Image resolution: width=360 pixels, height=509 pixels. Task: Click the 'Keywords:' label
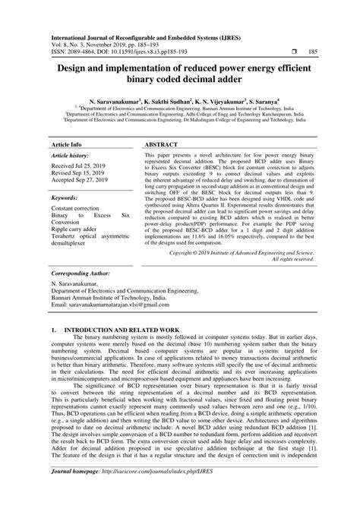(66, 197)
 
